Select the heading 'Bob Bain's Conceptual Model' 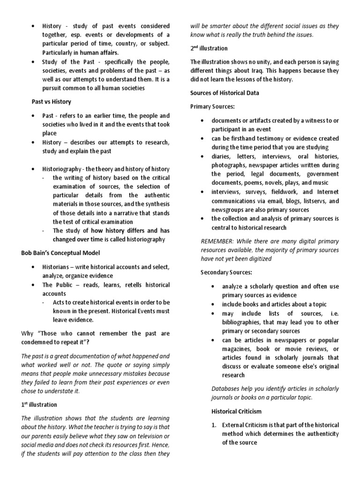pos(61,253)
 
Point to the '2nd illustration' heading pos(209,48)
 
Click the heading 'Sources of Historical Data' pos(225,93)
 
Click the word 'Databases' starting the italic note pos(227,389)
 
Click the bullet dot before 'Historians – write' pos(32,267)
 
